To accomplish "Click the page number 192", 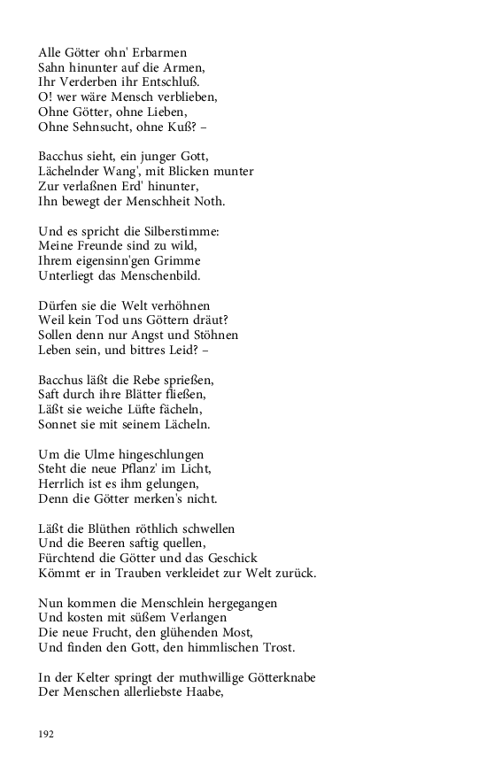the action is click(46, 733).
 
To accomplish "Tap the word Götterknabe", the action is click(275, 677).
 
